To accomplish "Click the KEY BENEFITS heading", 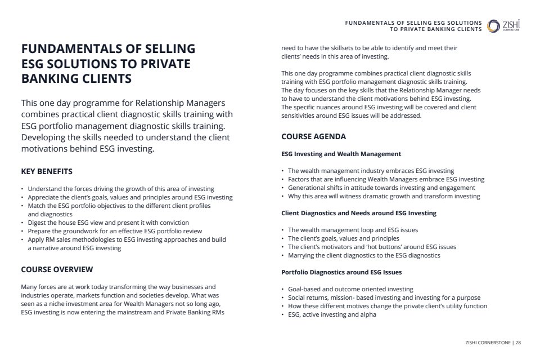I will [x=47, y=171].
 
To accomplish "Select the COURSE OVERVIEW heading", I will [x=57, y=269].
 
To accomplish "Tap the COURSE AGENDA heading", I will [x=313, y=136].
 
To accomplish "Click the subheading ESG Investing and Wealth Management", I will [x=341, y=154].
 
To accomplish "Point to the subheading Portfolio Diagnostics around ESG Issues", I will [x=341, y=272].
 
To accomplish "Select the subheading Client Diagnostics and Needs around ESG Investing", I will [x=358, y=213].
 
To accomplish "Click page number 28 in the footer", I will [x=517, y=342].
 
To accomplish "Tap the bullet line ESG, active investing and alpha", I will [x=332, y=314].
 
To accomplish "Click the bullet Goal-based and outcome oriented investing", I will [x=350, y=289].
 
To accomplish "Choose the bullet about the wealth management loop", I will [x=353, y=230].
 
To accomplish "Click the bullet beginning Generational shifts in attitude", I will [x=381, y=188].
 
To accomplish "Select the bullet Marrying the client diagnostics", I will [x=364, y=255].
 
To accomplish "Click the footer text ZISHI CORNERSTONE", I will [x=488, y=342].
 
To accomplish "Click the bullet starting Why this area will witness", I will [x=384, y=196].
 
